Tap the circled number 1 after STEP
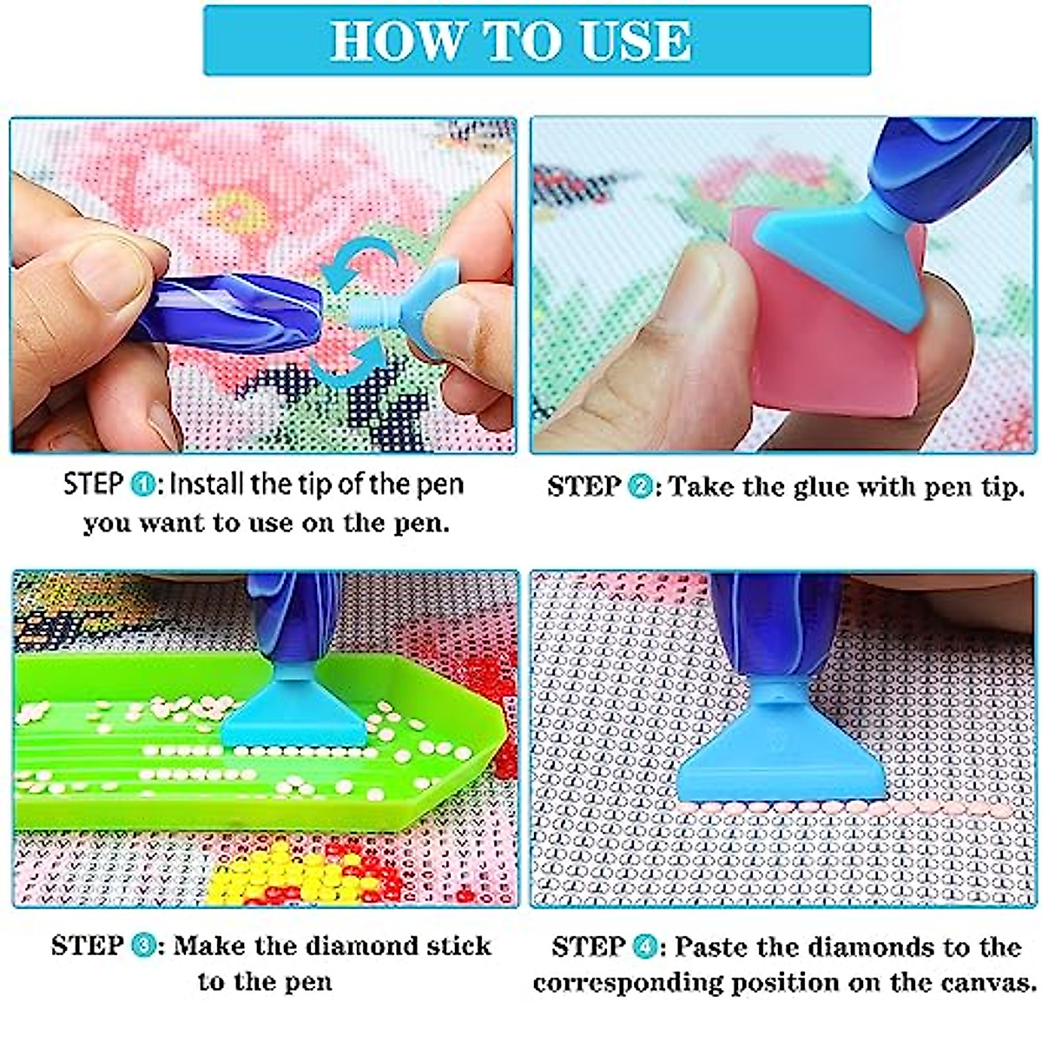pos(142,485)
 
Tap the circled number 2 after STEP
pos(640,487)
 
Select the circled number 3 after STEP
pos(143,946)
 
